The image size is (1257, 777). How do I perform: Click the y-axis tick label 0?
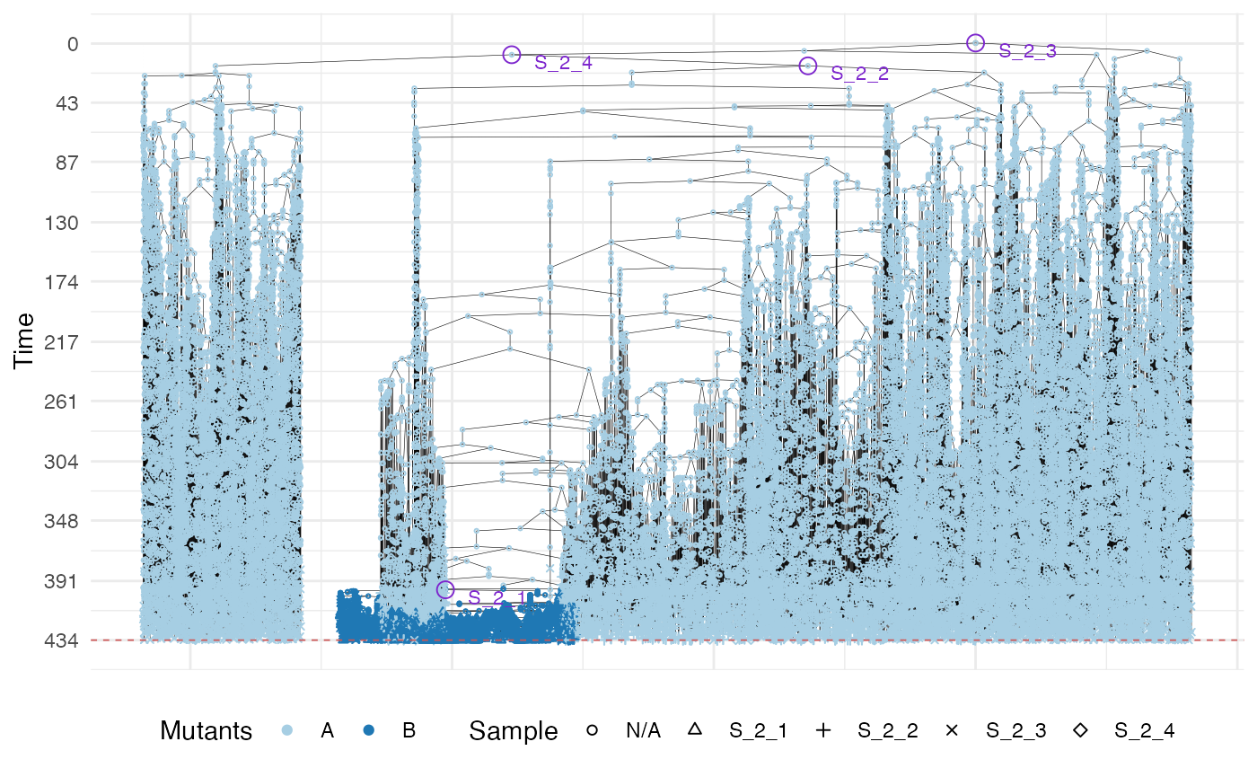point(73,43)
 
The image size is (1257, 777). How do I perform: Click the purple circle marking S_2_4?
point(512,55)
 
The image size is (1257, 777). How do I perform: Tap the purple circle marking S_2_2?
point(808,66)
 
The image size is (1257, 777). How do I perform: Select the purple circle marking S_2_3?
point(976,42)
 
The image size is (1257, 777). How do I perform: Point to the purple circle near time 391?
point(445,589)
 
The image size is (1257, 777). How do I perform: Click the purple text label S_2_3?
point(1028,51)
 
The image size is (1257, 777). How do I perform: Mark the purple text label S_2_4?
point(563,62)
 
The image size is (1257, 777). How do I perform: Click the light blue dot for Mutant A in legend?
point(287,731)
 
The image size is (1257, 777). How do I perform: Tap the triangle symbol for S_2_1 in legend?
point(694,731)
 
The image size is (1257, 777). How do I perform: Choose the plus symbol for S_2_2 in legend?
point(823,731)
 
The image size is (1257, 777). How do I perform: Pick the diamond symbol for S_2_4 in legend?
point(1081,731)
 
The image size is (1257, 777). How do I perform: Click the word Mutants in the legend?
point(206,731)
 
